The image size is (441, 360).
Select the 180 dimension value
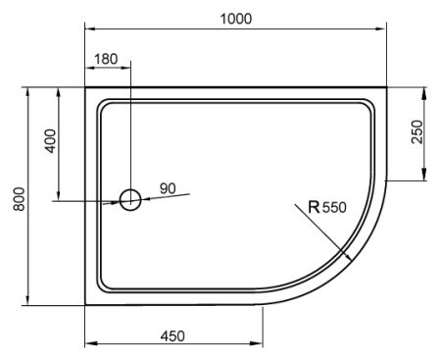[x=106, y=59]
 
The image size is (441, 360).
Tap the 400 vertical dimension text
[x=49, y=143]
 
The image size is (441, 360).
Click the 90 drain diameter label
[x=168, y=187]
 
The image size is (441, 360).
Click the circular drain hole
[x=130, y=201]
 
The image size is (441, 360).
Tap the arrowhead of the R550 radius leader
[x=352, y=256]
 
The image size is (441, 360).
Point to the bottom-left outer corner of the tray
[x=86, y=304]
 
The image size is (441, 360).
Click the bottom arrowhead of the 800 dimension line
[x=27, y=301]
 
